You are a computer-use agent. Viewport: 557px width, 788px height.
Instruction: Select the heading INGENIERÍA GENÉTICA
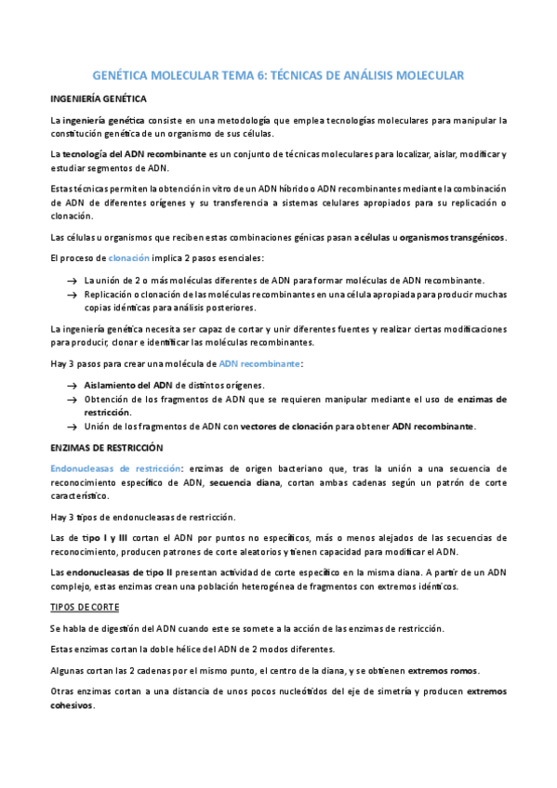98,98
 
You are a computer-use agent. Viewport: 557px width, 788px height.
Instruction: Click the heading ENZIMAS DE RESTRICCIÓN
105,447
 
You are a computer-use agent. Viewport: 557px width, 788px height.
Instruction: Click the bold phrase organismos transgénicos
452,237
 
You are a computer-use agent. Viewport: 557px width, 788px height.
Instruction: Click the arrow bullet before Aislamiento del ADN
71,386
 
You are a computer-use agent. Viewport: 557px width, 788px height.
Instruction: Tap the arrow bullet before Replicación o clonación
71,294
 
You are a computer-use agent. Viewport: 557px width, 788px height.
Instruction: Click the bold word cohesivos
71,705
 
